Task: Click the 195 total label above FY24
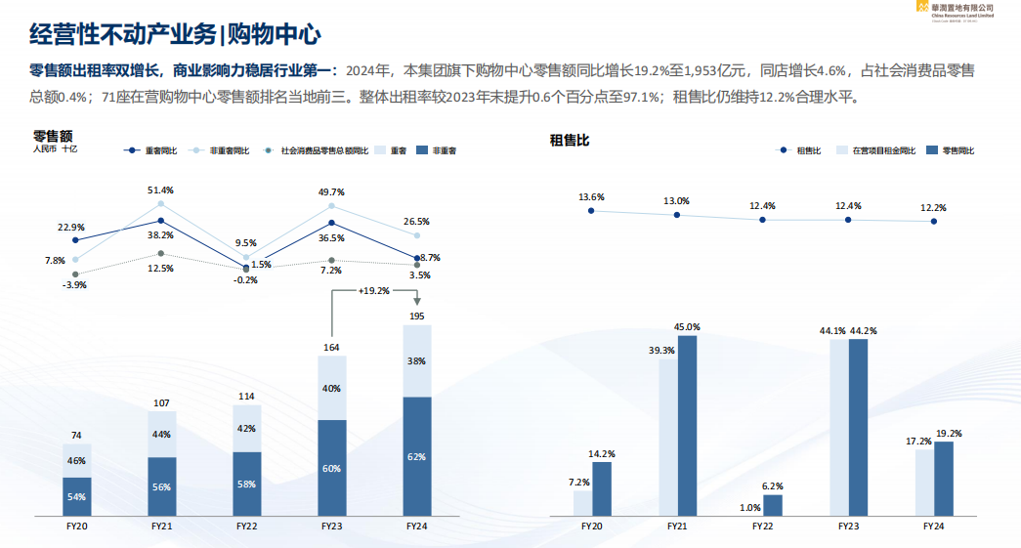point(417,315)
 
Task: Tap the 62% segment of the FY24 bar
point(417,456)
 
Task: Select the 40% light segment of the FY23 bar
point(332,388)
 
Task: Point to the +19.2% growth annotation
point(373,291)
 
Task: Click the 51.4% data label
point(160,190)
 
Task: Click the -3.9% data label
point(75,284)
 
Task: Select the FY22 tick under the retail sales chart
point(247,526)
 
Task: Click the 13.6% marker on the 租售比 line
point(591,211)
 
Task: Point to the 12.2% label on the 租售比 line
point(933,207)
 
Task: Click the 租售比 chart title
point(570,141)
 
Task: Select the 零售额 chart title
point(54,136)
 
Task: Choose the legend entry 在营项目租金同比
point(882,150)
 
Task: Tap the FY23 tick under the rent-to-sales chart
point(848,526)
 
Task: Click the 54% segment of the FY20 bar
point(76,496)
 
